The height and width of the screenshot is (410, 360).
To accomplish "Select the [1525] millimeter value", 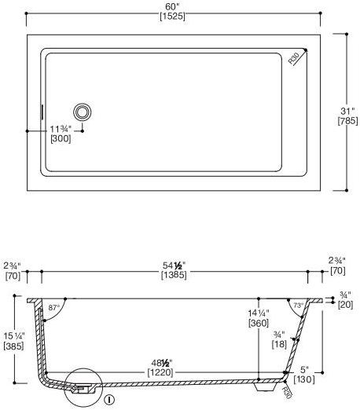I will (173, 16).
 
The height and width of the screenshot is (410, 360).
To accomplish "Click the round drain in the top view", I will (83, 112).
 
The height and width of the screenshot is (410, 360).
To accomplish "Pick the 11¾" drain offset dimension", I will (61, 128).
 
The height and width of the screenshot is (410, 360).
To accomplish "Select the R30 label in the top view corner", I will (295, 58).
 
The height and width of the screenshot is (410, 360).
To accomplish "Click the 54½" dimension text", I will (173, 265).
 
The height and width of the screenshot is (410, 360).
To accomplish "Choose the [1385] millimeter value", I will (173, 276).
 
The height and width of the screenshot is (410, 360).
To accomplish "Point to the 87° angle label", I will (54, 307).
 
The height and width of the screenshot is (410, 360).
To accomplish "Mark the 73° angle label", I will (298, 305).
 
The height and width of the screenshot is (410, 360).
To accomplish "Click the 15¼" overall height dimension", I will (13, 335).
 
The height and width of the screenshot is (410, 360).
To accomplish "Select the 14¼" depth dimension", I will (259, 312).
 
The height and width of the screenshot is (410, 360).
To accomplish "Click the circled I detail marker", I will (109, 398).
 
